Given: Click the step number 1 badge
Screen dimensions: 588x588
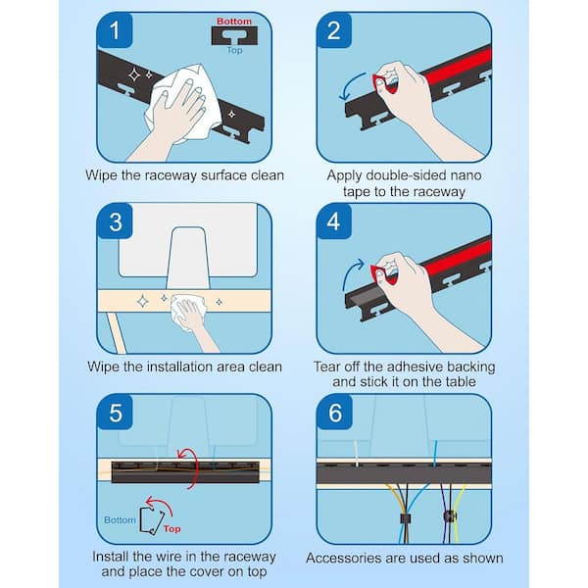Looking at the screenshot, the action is point(115,30).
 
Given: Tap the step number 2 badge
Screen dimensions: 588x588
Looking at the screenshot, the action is point(334,30).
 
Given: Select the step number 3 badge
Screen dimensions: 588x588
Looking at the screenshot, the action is point(115,221).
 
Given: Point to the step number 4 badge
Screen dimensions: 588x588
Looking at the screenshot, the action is point(334,221).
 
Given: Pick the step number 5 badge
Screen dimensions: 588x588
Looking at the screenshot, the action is point(115,413).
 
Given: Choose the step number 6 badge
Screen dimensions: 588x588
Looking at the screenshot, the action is point(335,413).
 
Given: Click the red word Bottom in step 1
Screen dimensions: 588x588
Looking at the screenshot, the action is point(234,22).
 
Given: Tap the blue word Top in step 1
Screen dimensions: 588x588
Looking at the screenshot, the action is point(235,50).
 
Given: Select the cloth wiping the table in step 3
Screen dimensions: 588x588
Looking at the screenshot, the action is point(189,309).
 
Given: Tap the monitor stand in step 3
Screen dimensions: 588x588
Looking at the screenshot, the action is point(187,259).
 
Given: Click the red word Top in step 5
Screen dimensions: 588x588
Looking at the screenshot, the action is point(171,529).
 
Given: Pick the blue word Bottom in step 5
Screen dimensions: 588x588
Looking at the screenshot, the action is point(120,520).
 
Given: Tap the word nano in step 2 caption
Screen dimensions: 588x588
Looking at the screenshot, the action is point(465,175).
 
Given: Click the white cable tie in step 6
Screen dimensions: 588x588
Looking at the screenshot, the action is point(357,454).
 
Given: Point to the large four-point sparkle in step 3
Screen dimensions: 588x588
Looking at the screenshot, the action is point(142,301).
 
